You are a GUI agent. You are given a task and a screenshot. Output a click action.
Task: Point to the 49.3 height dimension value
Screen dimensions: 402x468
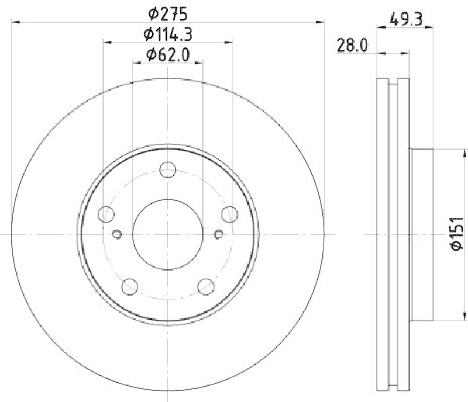point(404,18)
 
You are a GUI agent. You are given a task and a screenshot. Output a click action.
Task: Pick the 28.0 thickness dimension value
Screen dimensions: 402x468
point(352,45)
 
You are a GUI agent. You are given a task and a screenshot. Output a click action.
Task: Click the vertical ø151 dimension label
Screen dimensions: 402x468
point(457,234)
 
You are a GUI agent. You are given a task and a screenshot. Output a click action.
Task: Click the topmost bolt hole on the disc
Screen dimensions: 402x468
point(168,169)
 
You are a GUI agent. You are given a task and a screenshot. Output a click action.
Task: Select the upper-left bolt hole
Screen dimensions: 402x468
point(106,214)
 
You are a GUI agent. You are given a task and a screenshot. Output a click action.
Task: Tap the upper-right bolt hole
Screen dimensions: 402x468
point(229,214)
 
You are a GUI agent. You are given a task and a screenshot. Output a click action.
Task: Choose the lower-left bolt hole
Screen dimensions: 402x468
point(130,286)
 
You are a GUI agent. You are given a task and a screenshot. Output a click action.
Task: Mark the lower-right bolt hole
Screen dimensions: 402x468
point(206,286)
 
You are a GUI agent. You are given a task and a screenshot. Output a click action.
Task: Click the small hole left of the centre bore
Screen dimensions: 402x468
point(116,235)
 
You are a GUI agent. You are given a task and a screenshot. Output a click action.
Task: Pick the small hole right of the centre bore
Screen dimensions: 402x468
point(219,235)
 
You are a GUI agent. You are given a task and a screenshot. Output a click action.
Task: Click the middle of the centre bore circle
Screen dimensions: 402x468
point(168,234)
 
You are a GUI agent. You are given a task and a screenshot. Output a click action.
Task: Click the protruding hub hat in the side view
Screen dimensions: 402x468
point(421,234)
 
